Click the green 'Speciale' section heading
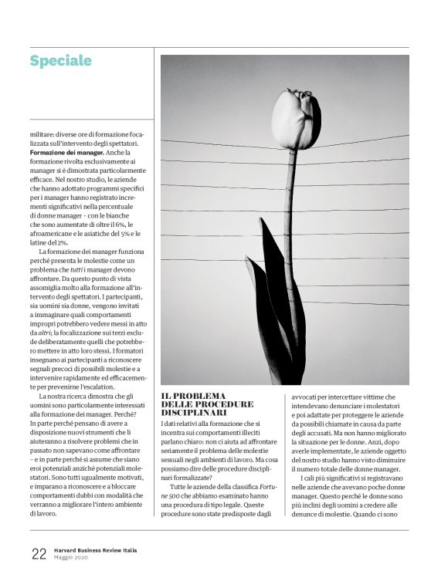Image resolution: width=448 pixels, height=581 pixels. coord(60,60)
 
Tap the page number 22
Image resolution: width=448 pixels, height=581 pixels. coord(39,552)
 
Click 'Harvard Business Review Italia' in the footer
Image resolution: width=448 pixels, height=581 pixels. coord(97,549)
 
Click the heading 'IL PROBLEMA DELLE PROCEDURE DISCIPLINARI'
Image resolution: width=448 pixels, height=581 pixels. coord(207,404)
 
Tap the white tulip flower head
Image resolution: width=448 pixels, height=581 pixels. coord(297,117)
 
